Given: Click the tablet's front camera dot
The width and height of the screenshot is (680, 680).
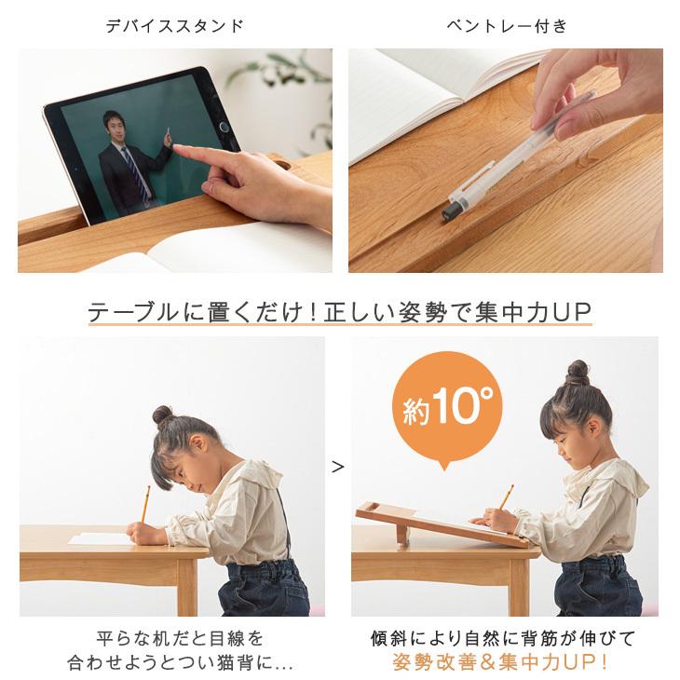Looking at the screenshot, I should [224, 126].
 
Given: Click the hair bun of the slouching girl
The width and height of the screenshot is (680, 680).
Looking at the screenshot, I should [165, 415].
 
